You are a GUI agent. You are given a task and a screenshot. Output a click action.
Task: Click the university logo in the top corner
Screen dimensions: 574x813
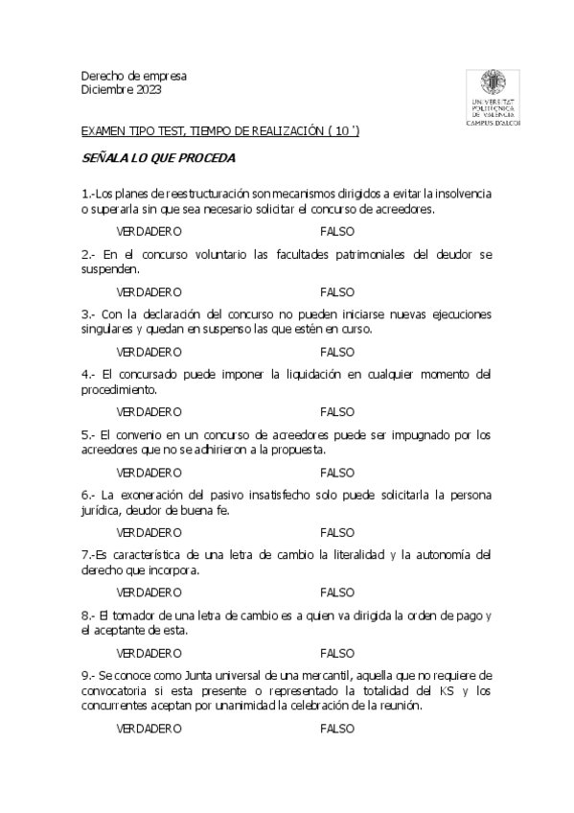[489, 97]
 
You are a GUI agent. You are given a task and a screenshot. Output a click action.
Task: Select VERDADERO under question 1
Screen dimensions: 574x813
[149, 232]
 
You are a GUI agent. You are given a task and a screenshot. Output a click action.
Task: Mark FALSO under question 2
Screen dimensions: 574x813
[337, 291]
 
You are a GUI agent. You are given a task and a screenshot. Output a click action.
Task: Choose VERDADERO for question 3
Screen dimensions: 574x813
[149, 352]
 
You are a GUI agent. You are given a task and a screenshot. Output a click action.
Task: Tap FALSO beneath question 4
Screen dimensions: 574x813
[337, 411]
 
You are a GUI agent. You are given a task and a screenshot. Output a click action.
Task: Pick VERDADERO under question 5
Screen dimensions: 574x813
[149, 472]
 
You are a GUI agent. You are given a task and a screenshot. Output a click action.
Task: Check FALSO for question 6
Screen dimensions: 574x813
[337, 532]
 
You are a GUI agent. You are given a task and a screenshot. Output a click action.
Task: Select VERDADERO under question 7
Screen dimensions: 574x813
[149, 592]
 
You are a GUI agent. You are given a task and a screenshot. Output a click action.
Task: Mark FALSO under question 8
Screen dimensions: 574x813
[337, 652]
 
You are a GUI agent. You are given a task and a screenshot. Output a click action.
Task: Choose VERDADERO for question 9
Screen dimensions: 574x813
[149, 729]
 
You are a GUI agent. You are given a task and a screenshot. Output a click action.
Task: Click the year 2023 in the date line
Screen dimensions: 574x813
[148, 90]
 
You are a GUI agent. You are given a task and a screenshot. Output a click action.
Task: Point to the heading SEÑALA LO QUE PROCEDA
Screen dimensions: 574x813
[158, 156]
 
